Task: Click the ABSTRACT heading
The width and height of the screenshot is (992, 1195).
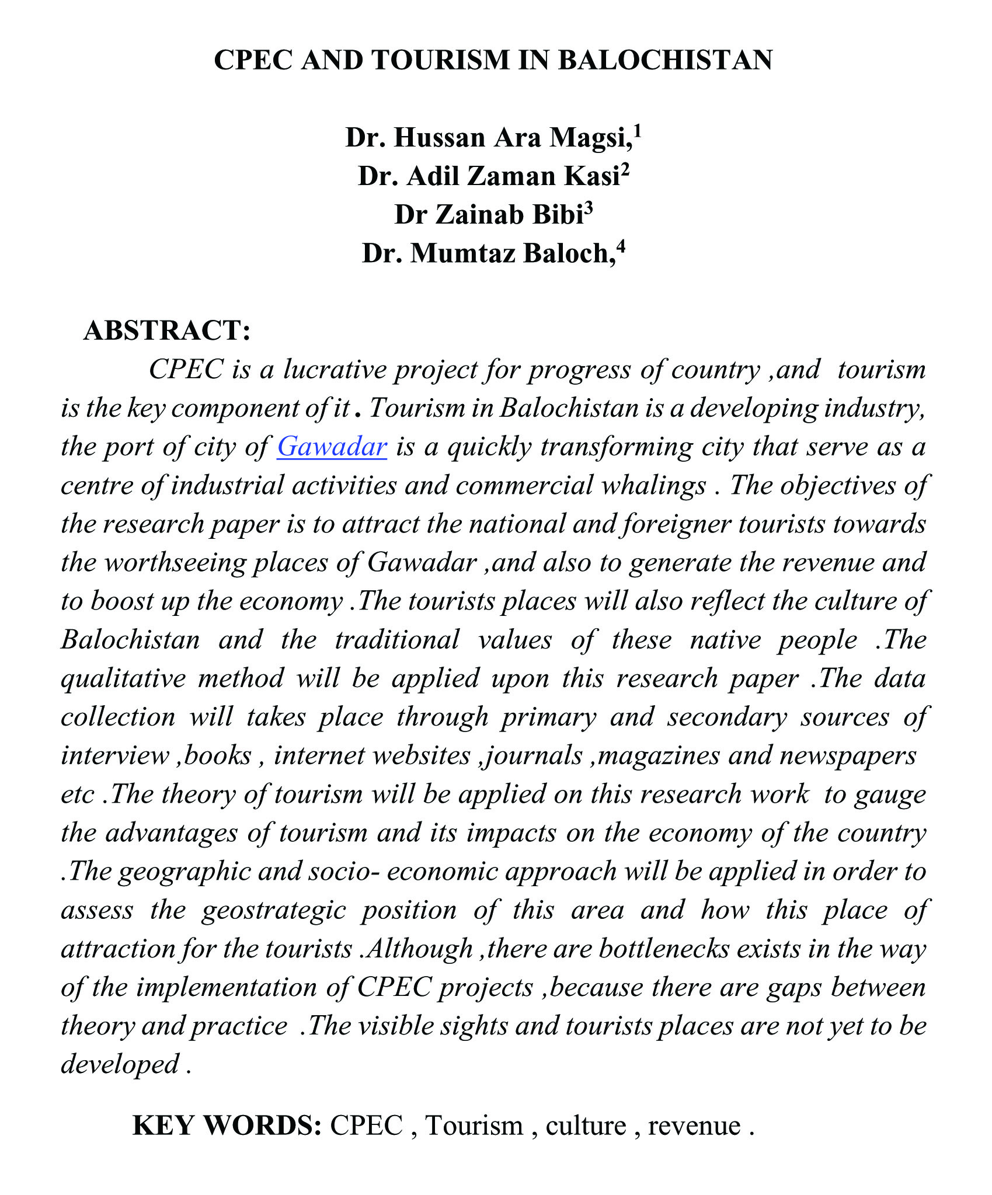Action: (167, 330)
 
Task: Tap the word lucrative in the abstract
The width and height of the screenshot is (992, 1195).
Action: (335, 370)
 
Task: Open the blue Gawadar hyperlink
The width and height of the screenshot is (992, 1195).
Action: (332, 447)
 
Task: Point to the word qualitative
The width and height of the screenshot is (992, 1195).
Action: (123, 679)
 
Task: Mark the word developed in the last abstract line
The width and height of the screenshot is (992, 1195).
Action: (120, 1065)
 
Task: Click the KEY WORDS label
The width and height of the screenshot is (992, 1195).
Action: (227, 1126)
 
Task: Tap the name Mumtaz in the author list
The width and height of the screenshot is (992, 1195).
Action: (461, 253)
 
